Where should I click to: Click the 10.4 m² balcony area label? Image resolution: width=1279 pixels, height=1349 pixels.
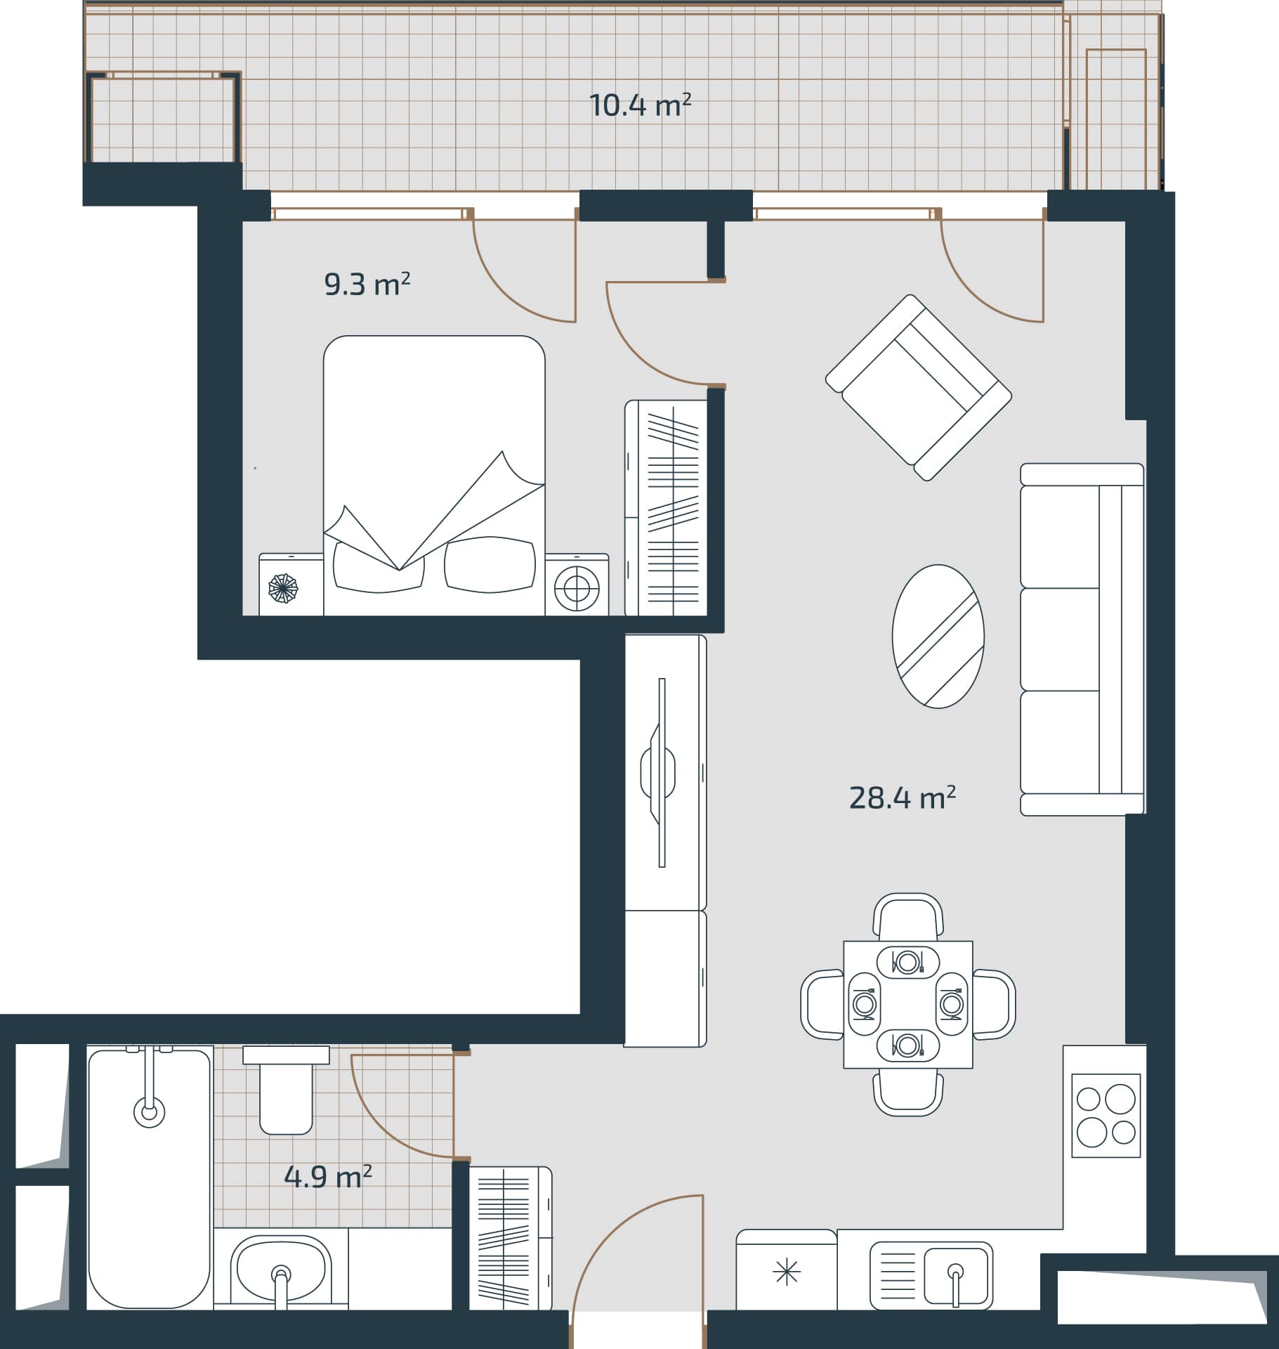click(x=640, y=105)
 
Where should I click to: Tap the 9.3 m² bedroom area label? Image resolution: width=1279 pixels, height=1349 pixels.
click(x=367, y=285)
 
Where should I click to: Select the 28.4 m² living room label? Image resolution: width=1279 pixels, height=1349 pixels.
click(x=902, y=797)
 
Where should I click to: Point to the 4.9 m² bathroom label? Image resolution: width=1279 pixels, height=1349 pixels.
click(x=327, y=1176)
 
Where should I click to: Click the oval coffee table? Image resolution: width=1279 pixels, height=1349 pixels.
click(x=938, y=636)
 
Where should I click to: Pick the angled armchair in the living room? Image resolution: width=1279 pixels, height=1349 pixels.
click(x=918, y=387)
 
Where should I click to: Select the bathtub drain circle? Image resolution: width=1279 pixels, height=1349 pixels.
click(x=149, y=1112)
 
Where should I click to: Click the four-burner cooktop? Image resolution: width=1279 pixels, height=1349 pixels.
click(x=1106, y=1115)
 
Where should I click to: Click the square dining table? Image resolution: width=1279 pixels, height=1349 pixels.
click(x=908, y=1005)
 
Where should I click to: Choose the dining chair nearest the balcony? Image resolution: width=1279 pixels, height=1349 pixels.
click(x=908, y=916)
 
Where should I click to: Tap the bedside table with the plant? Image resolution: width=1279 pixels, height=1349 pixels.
click(x=291, y=585)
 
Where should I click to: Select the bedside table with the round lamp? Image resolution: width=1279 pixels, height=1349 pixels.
click(x=577, y=585)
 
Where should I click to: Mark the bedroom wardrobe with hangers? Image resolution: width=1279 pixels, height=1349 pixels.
click(x=666, y=508)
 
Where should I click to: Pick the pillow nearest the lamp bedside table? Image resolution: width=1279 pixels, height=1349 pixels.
click(x=490, y=564)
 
